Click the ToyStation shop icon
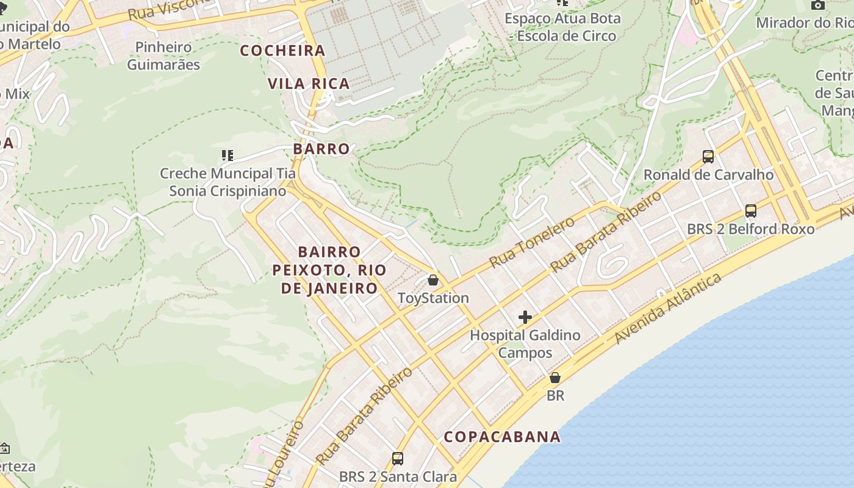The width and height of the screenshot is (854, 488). click(x=432, y=280)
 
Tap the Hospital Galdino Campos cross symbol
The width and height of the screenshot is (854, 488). click(x=525, y=317)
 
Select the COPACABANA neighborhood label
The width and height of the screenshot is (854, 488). click(x=502, y=437)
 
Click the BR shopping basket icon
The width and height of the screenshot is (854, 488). click(x=555, y=378)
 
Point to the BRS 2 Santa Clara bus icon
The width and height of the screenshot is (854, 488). click(x=398, y=458)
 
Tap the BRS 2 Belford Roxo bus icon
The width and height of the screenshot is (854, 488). click(x=751, y=211)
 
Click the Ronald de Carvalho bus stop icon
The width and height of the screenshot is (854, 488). click(x=708, y=157)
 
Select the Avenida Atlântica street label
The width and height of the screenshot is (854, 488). click(x=668, y=309)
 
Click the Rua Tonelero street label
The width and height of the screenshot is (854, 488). click(x=532, y=242)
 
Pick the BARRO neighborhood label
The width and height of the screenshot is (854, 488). click(x=321, y=149)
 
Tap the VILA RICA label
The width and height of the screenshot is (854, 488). click(x=309, y=84)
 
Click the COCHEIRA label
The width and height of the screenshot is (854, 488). click(x=282, y=51)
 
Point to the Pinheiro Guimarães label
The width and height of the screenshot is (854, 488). click(x=163, y=56)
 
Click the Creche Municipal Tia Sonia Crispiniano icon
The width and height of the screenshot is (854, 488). click(x=228, y=156)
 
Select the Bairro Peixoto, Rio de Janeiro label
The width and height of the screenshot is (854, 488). click(x=329, y=270)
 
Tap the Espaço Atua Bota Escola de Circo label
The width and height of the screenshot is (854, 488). click(x=562, y=27)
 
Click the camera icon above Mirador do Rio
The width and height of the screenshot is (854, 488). click(x=818, y=5)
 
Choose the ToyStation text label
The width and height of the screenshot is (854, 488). click(x=433, y=298)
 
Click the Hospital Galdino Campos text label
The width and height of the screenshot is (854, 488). click(x=525, y=343)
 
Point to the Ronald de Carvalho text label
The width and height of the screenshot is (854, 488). click(x=708, y=175)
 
